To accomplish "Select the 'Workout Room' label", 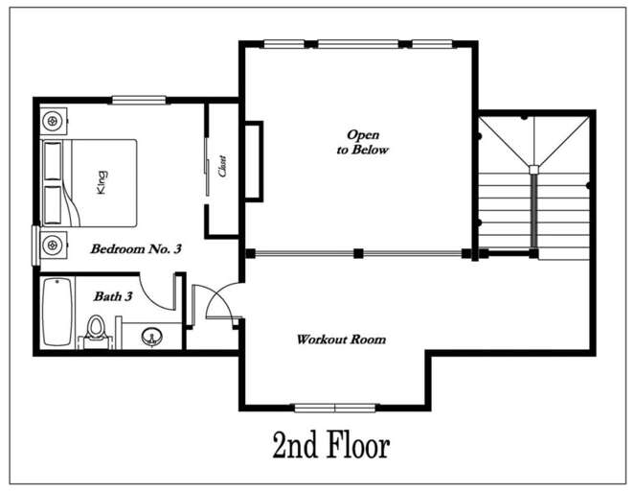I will (x=341, y=339).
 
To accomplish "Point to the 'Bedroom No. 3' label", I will (x=136, y=248).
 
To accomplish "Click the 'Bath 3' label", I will (x=112, y=296).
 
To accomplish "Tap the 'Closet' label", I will (x=223, y=167).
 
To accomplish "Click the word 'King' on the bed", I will (x=100, y=181).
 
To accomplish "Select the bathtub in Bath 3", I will (x=57, y=313).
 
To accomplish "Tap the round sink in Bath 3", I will (x=150, y=337).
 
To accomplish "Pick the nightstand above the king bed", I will (x=54, y=121).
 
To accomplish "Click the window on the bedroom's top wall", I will (x=140, y=99).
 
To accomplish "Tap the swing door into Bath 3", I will (x=158, y=290).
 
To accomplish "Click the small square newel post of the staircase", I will (x=533, y=170).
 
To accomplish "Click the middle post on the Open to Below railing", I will (x=357, y=254).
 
